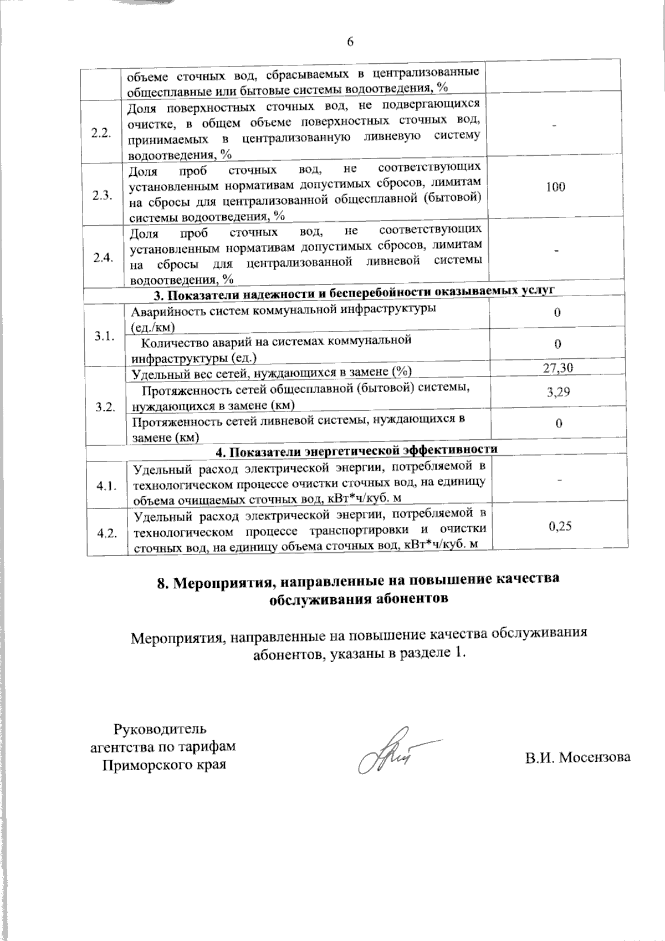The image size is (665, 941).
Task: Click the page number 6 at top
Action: pyautogui.click(x=350, y=42)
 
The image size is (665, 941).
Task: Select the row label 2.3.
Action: pyautogui.click(x=104, y=195)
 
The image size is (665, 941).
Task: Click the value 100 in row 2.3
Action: pyautogui.click(x=555, y=187)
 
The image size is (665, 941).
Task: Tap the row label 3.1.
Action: pyautogui.click(x=104, y=336)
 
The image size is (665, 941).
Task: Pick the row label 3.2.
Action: pyautogui.click(x=105, y=408)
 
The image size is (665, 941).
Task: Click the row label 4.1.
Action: pyautogui.click(x=106, y=486)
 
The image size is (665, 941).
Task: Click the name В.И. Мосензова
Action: pyautogui.click(x=578, y=757)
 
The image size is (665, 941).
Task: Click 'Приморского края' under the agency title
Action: pyautogui.click(x=165, y=765)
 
